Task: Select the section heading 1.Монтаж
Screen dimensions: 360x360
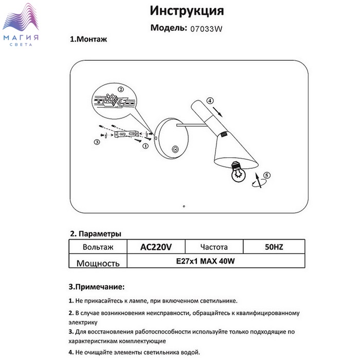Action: pyautogui.click(x=88, y=39)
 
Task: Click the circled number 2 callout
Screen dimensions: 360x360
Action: pyautogui.click(x=120, y=89)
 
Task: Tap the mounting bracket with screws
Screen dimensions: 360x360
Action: pyautogui.click(x=126, y=135)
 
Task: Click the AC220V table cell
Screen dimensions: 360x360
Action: pyautogui.click(x=155, y=247)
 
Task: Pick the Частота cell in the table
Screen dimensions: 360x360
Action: pyautogui.click(x=213, y=247)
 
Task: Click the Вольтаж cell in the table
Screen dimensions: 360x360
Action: pyautogui.click(x=98, y=247)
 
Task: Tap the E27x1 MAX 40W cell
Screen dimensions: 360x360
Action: pyautogui.click(x=205, y=261)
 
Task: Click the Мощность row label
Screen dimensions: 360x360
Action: pyautogui.click(x=98, y=263)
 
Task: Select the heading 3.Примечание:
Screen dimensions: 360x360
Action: pyautogui.click(x=97, y=286)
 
